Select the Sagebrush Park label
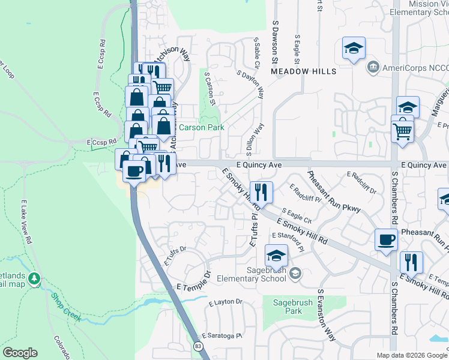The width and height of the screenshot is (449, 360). (x=285, y=307)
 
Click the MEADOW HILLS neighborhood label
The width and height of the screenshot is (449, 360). (x=303, y=71)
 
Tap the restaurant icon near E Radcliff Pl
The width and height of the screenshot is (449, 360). (x=261, y=193)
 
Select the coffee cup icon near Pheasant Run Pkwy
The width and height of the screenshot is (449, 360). (x=386, y=240)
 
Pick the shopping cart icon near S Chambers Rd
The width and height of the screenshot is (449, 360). (x=402, y=129)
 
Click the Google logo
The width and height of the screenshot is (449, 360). (x=20, y=353)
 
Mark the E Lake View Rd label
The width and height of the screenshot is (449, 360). (x=26, y=222)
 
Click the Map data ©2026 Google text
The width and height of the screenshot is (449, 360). (x=411, y=355)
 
